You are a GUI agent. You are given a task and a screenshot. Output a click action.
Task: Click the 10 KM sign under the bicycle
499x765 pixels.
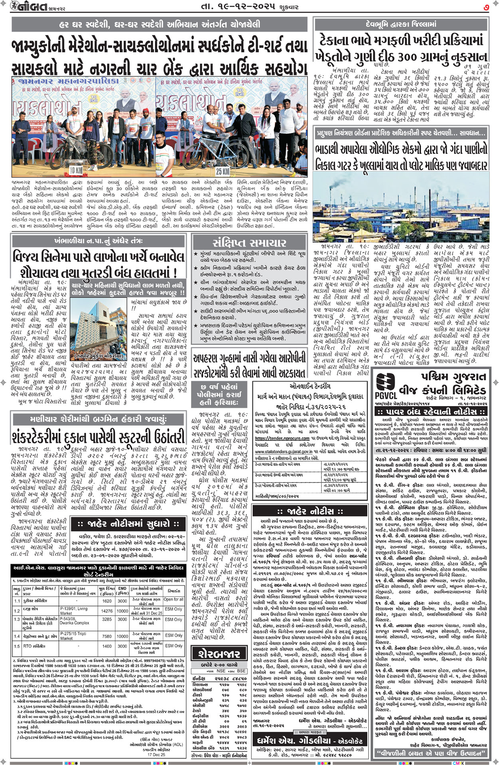coord(76,170)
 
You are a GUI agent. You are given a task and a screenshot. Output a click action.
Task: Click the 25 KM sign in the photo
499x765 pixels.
coord(222,171)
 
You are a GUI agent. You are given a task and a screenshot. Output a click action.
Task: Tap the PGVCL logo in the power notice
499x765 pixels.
coord(386,386)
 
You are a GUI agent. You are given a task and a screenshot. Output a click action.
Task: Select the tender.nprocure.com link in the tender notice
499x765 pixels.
coord(283,438)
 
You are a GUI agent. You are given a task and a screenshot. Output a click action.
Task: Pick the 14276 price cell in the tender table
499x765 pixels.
coord(107,611)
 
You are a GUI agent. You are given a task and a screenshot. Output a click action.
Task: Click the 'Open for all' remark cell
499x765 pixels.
coord(173,600)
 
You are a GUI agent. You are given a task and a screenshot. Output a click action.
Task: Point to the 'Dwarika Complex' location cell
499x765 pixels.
coord(75,623)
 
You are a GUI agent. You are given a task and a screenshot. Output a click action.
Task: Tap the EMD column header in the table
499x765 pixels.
coord(122,589)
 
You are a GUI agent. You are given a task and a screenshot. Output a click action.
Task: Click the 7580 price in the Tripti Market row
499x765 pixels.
coord(107,636)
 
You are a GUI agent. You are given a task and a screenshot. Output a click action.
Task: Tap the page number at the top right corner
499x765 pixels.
coord(486,7)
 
